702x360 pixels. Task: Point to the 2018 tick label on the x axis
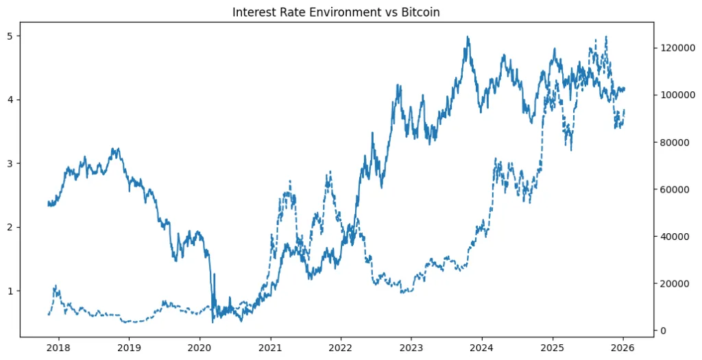pyautogui.click(x=58, y=348)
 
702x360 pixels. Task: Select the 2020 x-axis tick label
pyautogui.click(x=199, y=348)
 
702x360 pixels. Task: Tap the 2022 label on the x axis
pyautogui.click(x=341, y=348)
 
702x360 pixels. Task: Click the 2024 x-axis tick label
pyautogui.click(x=482, y=348)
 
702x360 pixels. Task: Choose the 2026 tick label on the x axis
pyautogui.click(x=623, y=348)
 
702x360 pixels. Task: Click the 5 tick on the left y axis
pyautogui.click(x=10, y=36)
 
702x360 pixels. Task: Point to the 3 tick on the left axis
pyautogui.click(x=10, y=163)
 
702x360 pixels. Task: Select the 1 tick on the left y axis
pyautogui.click(x=10, y=291)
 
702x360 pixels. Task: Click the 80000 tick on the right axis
pyautogui.click(x=673, y=142)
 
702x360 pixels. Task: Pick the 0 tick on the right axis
pyautogui.click(x=663, y=331)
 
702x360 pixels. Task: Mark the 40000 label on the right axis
pyautogui.click(x=673, y=237)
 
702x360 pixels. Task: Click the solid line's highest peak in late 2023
pyautogui.click(x=468, y=37)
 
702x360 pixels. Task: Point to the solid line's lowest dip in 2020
pyautogui.click(x=213, y=322)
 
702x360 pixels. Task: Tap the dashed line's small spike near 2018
pyautogui.click(x=56, y=286)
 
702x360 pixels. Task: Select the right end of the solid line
pyautogui.click(x=625, y=88)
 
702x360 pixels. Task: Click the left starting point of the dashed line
pyautogui.click(x=48, y=315)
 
